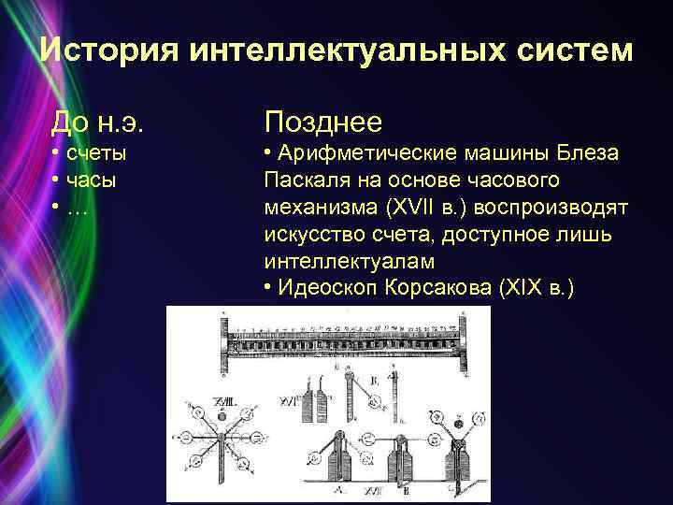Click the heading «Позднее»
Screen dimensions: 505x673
click(x=323, y=121)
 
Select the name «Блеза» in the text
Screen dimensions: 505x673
click(x=588, y=153)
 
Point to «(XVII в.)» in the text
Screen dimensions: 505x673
click(x=407, y=206)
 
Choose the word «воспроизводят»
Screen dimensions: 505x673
click(x=551, y=206)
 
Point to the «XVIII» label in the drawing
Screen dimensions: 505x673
click(x=225, y=399)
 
